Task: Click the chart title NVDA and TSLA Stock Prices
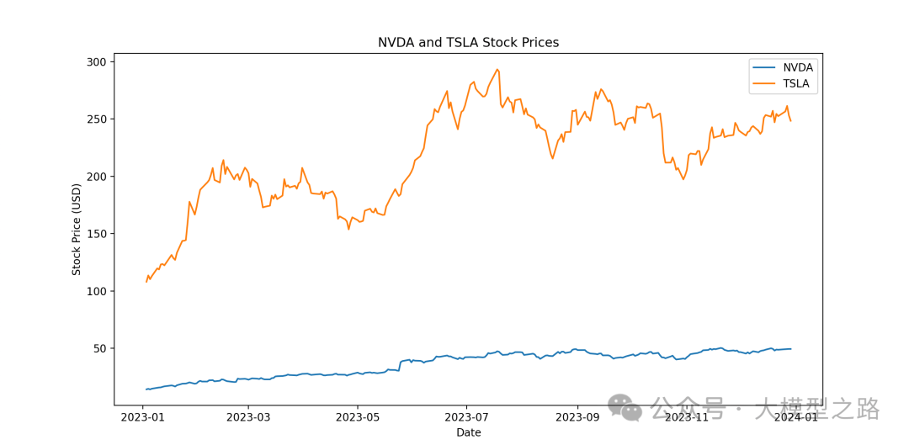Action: (x=468, y=43)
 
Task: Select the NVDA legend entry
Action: (x=798, y=67)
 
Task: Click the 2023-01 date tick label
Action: (x=143, y=416)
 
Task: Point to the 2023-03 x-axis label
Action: (x=250, y=416)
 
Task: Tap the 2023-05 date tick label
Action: (x=358, y=416)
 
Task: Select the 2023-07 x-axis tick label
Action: (x=466, y=416)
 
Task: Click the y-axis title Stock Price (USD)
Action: (x=77, y=229)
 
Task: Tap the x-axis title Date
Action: (x=469, y=432)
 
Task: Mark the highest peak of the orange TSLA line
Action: (x=497, y=69)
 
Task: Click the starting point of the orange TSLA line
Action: (x=146, y=281)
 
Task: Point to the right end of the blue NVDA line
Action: (x=790, y=348)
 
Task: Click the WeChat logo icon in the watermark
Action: (x=625, y=408)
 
